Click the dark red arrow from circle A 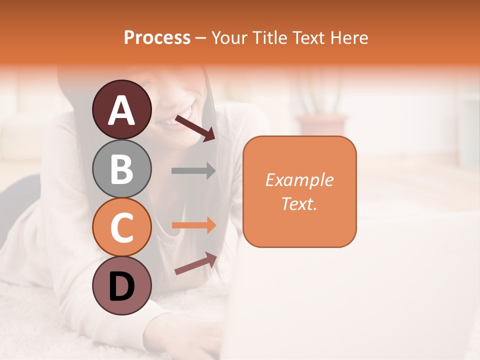pyautogui.click(x=195, y=128)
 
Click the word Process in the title pyautogui.click(x=157, y=37)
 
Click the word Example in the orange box pyautogui.click(x=299, y=180)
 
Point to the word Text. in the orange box pyautogui.click(x=299, y=204)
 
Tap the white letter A pyautogui.click(x=122, y=110)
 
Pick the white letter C pyautogui.click(x=121, y=227)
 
